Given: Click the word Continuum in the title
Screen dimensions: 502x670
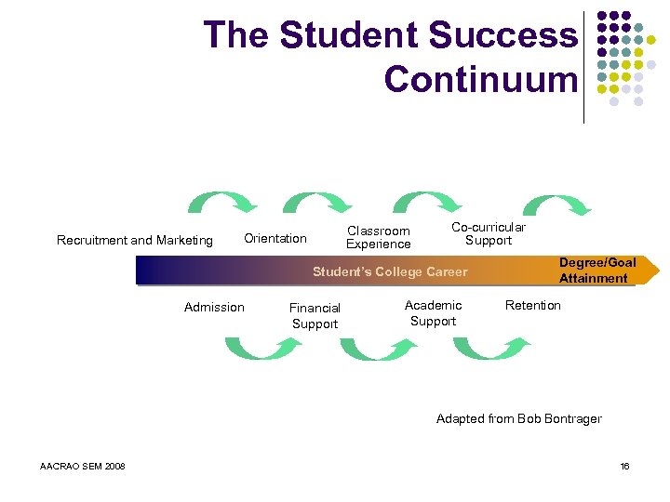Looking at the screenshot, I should coord(480,79).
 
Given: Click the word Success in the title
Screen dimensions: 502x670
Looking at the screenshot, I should coord(503,35).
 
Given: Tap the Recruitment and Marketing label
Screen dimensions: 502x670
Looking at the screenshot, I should coord(135,240).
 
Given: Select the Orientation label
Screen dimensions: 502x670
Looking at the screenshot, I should coord(275,239).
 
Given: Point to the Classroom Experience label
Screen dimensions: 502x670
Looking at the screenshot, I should coord(379,237).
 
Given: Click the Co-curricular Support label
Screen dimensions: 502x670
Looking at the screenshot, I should coord(489,233).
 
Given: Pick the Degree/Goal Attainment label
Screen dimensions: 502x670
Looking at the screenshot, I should coord(597,271).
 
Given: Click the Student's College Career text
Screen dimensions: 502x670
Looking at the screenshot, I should coord(390,271).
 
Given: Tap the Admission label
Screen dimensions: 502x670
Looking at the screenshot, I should coord(214,307).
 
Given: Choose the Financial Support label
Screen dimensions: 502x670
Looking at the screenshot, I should coord(315,315).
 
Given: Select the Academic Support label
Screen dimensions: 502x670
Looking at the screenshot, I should coord(434,312).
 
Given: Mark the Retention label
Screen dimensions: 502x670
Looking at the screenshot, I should coord(533,305).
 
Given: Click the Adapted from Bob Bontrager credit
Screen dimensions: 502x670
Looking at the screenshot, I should coord(519,418).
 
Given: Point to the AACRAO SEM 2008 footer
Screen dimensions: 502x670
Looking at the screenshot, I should coord(84,466).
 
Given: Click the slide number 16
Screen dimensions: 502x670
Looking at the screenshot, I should coord(625,466).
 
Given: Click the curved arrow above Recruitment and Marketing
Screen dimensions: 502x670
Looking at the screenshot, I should coord(223,202).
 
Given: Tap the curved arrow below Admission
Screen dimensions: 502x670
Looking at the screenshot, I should coord(263,348).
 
